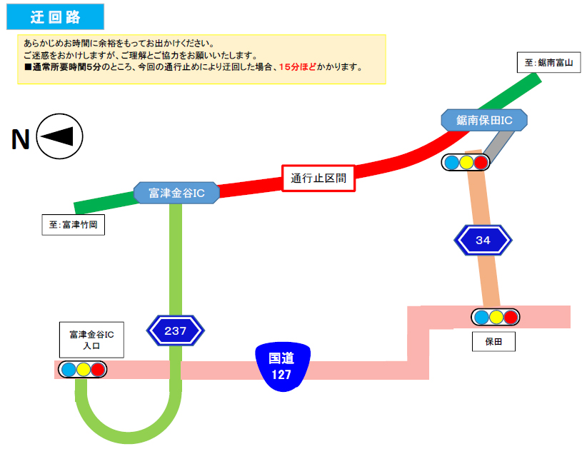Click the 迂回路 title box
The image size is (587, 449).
coord(55,16)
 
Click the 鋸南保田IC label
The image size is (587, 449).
coord(485,121)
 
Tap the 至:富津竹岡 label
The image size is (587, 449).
coord(74,225)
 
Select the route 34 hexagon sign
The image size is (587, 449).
coord(483,241)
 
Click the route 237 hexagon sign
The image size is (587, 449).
coord(175,331)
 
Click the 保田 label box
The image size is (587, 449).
coord(494,342)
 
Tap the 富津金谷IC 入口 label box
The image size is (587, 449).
coord(91,339)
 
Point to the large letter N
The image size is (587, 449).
coord(20,140)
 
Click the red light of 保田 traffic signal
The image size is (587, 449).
coord(510,317)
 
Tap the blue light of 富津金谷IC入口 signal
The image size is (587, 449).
coord(69,370)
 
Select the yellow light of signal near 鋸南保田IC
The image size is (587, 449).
coord(466,162)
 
